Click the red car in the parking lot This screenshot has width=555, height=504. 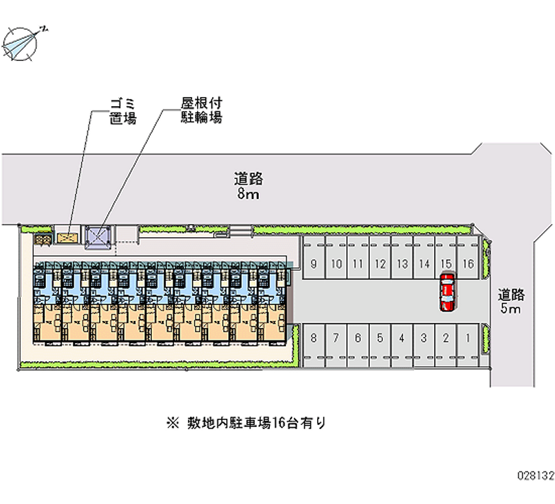447,291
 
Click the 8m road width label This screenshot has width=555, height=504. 248,186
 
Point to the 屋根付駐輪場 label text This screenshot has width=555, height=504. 197,111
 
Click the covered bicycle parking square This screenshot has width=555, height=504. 97,238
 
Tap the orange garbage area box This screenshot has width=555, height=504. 68,238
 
